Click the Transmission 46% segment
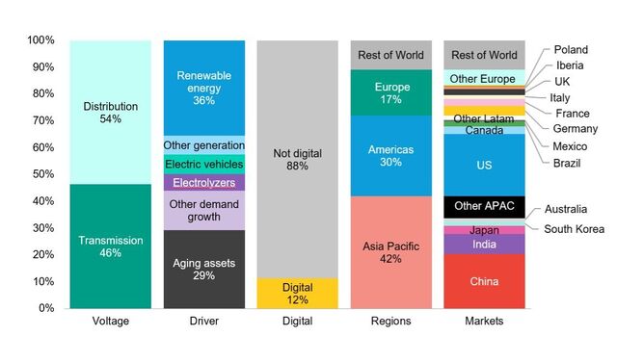coord(109,246)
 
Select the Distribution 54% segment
coord(109,113)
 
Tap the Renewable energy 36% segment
coord(203,88)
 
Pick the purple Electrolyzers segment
coord(203,182)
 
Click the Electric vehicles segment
coord(203,164)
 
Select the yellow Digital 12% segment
coord(296,293)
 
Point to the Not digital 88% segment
coord(296,160)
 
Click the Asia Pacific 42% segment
coord(389,251)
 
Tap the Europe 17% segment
coord(389,92)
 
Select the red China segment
coord(483,281)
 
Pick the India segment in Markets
coord(483,245)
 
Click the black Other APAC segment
coord(483,207)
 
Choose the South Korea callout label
coord(574,228)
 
